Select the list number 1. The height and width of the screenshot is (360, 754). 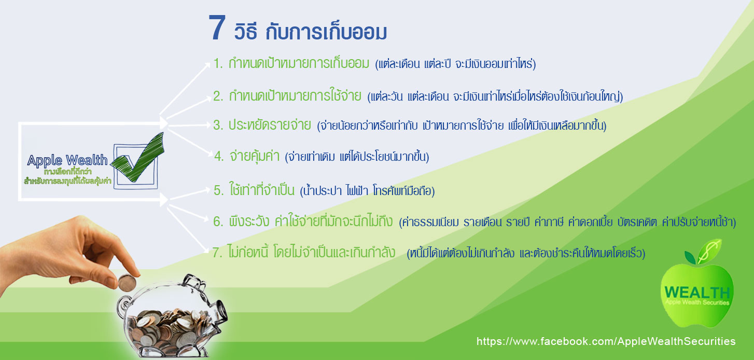tap(218, 63)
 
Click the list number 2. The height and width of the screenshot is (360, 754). tap(218, 96)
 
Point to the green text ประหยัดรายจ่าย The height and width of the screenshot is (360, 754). tap(270, 125)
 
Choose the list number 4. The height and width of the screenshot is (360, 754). tap(219, 156)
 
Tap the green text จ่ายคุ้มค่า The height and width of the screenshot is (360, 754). tap(254, 156)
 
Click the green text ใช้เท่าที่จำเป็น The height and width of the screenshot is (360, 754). tap(262, 190)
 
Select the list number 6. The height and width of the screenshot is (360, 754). tap(218, 221)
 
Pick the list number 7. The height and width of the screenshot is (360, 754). tap(217, 253)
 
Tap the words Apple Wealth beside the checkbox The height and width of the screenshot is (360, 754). tap(67, 160)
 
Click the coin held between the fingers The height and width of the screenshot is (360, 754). tap(127, 283)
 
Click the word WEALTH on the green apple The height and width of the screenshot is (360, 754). tap(697, 292)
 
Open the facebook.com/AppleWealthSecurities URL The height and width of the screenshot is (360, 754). tap(606, 341)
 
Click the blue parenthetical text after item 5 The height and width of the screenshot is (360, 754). tap(367, 191)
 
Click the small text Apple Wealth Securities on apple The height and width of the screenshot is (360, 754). tap(697, 302)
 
